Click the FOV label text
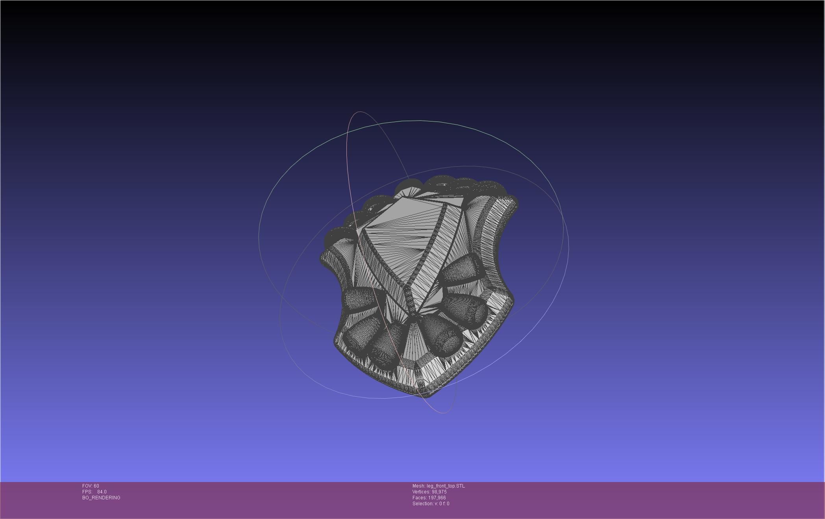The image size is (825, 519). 87,486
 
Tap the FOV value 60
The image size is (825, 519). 96,486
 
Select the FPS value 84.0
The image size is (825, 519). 102,492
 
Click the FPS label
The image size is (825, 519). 87,492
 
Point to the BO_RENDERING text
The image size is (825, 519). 101,498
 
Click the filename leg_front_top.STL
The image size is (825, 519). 446,486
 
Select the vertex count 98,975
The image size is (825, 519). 439,492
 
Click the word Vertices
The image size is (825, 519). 421,492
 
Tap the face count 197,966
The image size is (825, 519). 437,498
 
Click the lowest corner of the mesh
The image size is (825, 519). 423,395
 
